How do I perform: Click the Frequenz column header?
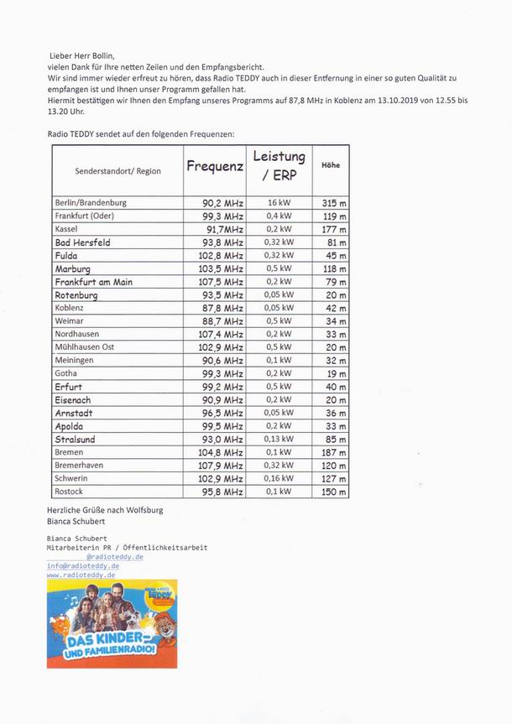[x=214, y=166]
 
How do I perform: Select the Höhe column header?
[x=330, y=165]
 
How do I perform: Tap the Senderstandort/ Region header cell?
[x=118, y=170]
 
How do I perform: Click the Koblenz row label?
[x=69, y=308]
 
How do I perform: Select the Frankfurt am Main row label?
[x=93, y=282]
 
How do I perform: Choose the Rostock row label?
[x=69, y=492]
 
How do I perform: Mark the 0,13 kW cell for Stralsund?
[x=279, y=439]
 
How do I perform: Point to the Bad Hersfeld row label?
[x=82, y=242]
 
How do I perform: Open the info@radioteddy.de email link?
[x=82, y=565]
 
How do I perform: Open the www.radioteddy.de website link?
[x=81, y=575]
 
